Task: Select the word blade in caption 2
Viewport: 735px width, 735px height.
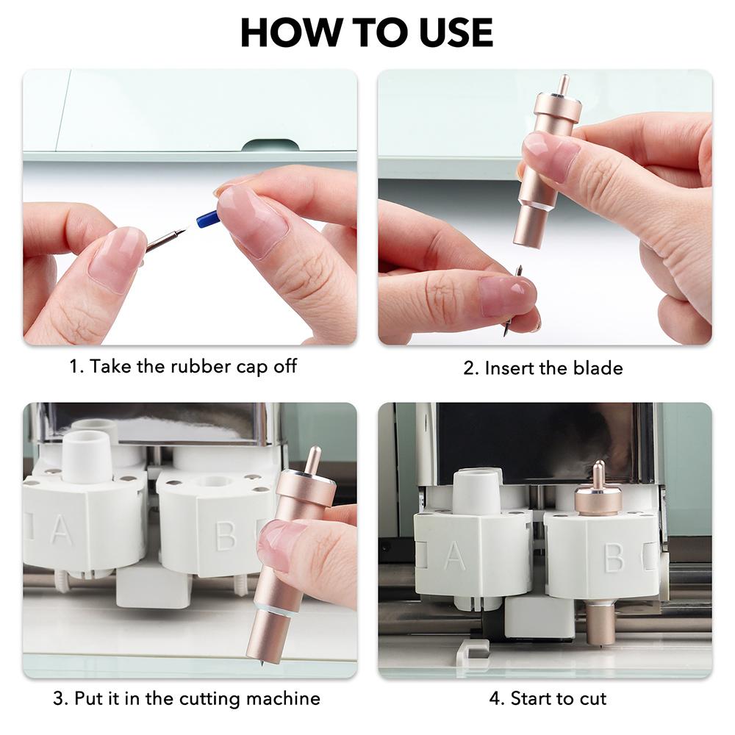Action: tap(598, 368)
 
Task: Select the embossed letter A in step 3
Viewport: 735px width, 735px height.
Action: tap(62, 530)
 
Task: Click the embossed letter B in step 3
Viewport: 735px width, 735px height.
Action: tap(225, 535)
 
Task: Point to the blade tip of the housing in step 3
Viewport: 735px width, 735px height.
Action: tap(259, 664)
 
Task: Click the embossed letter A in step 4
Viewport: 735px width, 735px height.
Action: tap(454, 556)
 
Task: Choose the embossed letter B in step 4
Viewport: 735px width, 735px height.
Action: tap(614, 557)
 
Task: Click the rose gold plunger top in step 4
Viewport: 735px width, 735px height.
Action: tap(598, 487)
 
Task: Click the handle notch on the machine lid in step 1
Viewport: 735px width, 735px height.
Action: tap(270, 146)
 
